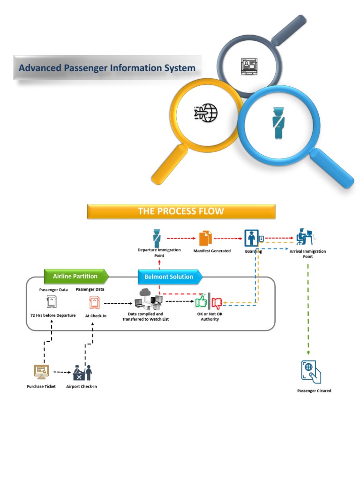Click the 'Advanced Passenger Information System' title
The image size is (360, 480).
tap(107, 68)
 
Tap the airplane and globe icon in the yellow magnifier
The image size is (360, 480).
tap(205, 112)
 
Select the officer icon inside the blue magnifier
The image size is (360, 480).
tap(278, 123)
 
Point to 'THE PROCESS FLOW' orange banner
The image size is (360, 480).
tap(181, 211)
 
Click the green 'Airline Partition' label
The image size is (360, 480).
tap(75, 277)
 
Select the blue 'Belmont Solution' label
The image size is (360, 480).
tap(169, 277)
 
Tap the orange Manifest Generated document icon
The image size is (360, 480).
tap(206, 238)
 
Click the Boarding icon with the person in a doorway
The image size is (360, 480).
tap(252, 238)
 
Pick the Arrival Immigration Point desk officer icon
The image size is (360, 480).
tap(305, 237)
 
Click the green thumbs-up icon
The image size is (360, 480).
tap(202, 301)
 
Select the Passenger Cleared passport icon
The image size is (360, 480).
tap(311, 372)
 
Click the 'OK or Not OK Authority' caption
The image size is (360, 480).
tap(210, 316)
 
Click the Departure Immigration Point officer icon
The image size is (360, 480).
tap(157, 238)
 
